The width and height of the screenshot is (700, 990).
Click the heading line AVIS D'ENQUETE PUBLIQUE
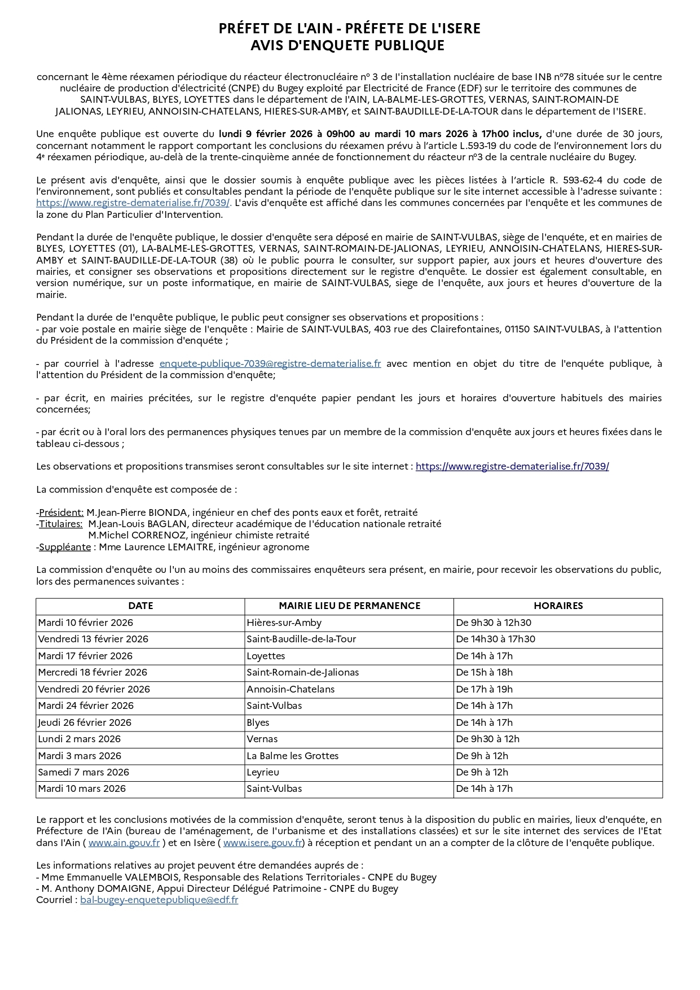point(347,46)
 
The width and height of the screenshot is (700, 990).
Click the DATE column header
point(140,606)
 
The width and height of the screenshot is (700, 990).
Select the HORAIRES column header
point(558,606)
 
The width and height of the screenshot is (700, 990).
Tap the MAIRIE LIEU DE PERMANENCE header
point(349,606)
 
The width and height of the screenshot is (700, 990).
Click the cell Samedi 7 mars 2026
point(83,772)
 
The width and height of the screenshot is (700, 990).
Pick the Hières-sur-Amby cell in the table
point(284,623)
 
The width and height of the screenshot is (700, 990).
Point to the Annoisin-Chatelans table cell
point(290,689)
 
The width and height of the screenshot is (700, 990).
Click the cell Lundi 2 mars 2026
point(79,739)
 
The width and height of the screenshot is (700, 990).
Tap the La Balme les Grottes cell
point(292,756)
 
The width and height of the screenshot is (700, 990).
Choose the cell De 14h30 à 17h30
point(495,639)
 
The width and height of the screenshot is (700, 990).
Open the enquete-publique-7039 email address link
point(270,364)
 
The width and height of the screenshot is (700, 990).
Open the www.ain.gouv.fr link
point(124,843)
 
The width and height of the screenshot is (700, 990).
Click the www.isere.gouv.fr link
point(262,843)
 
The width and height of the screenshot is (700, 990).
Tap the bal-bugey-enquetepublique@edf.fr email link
point(159,900)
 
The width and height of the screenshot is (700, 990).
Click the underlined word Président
point(61,512)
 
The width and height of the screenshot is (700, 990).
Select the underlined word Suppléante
point(65,547)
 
